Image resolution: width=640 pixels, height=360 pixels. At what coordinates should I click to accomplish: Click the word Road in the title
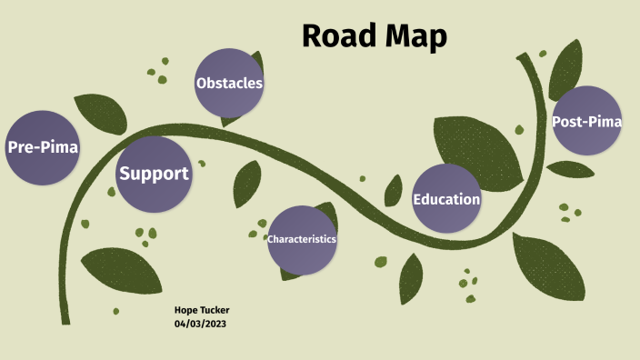click(337, 35)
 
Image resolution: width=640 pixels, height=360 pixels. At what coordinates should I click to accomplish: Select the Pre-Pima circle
click(43, 147)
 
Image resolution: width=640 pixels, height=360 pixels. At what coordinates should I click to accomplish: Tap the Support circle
click(155, 174)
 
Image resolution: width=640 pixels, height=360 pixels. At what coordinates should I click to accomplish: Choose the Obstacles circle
click(229, 84)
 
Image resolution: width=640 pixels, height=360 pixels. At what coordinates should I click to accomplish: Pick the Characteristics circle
click(302, 239)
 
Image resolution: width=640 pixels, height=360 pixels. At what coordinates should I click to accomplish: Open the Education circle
click(446, 199)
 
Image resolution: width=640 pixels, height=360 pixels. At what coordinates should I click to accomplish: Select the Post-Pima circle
click(587, 121)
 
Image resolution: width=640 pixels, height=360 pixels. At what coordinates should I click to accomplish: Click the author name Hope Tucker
click(202, 311)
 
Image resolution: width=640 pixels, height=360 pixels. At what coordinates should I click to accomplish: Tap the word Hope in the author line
click(185, 311)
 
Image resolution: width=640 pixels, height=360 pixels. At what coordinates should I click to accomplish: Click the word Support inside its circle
click(155, 174)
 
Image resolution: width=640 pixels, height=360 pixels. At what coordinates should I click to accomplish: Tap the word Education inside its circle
click(446, 199)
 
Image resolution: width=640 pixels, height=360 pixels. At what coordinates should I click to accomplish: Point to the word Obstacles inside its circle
click(229, 84)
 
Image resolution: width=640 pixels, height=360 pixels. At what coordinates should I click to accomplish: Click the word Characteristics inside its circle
click(302, 239)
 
